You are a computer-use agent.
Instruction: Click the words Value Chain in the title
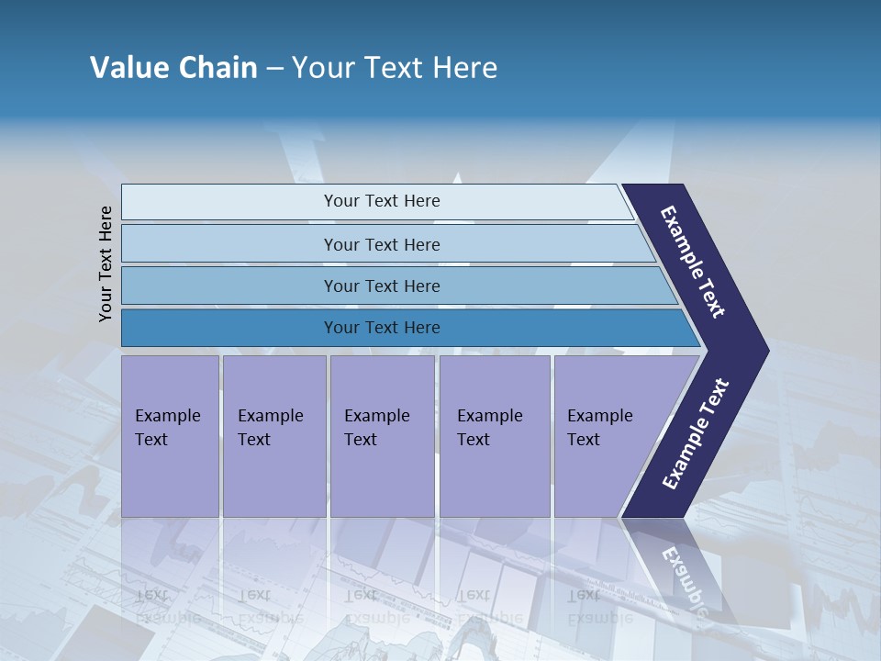coord(173,68)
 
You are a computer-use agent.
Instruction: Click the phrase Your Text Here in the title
coord(395,68)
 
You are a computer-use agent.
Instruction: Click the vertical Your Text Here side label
coord(106,263)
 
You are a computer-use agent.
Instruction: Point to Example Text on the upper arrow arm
coord(693,262)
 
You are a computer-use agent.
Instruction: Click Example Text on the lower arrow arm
coord(696,434)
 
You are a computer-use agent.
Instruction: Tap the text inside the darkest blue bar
coord(382,328)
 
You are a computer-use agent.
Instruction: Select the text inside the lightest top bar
coord(382,201)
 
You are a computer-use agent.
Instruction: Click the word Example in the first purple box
coord(167,416)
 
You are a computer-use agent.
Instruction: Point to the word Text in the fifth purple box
coord(584,440)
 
